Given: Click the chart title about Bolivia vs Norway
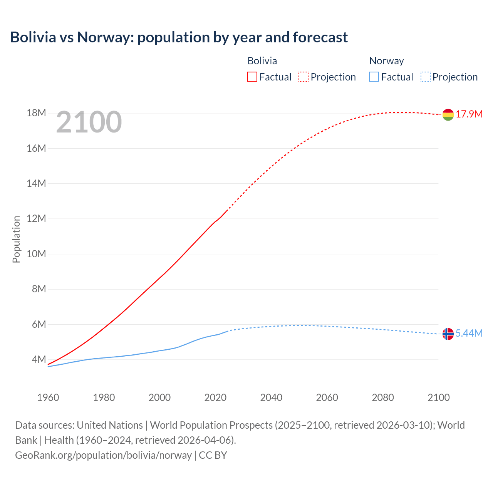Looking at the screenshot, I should click(x=179, y=37).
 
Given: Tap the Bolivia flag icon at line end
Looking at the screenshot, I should click(x=448, y=115).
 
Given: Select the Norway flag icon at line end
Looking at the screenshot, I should click(x=448, y=334).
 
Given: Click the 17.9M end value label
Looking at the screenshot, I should click(x=469, y=114).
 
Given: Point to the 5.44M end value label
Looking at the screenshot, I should click(x=469, y=334).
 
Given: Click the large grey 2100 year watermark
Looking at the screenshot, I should click(x=89, y=122).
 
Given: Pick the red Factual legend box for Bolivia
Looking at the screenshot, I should click(x=252, y=77).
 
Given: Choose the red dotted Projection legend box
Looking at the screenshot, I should click(x=304, y=77).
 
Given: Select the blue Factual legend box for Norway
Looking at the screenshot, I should click(x=374, y=77).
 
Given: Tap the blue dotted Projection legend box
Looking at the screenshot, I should click(x=425, y=77).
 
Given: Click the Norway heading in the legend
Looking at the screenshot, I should click(x=386, y=61).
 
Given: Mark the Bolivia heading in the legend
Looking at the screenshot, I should click(x=262, y=61).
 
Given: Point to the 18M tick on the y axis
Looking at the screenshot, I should click(x=36, y=113).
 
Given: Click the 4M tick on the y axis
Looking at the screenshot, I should click(x=39, y=360).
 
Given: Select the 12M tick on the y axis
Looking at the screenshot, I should click(x=36, y=219).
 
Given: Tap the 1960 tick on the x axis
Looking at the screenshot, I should click(x=48, y=397).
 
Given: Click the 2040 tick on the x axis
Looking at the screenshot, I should click(x=271, y=397).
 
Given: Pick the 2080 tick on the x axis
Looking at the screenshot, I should click(x=383, y=397).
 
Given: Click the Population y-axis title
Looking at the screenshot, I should click(x=16, y=239).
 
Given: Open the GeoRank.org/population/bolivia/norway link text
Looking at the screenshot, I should click(x=103, y=455).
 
